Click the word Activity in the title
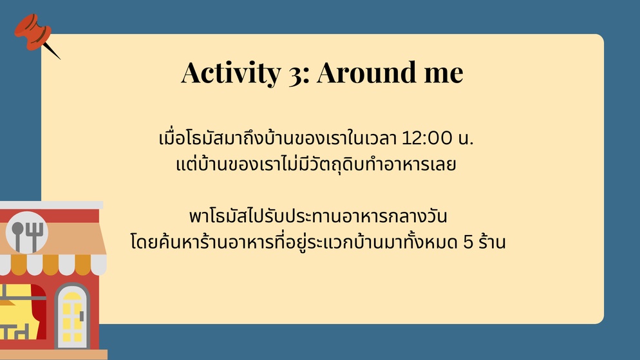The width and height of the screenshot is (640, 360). tap(231, 73)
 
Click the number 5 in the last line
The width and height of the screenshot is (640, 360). tap(468, 242)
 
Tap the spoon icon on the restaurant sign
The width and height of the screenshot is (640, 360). tap(17, 236)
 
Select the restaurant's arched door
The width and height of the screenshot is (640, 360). tap(73, 316)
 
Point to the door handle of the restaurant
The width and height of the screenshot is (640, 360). tap(82, 316)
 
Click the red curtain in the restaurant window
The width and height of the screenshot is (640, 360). tap(39, 310)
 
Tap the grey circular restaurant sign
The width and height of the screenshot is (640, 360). tap(27, 232)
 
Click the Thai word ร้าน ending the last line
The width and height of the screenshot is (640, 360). tap(493, 241)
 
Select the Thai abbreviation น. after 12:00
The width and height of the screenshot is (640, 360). tap(466, 138)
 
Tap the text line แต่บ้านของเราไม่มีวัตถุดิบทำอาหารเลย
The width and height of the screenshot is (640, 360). tap(316, 164)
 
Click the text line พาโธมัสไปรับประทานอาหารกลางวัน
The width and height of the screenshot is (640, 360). tap(318, 216)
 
